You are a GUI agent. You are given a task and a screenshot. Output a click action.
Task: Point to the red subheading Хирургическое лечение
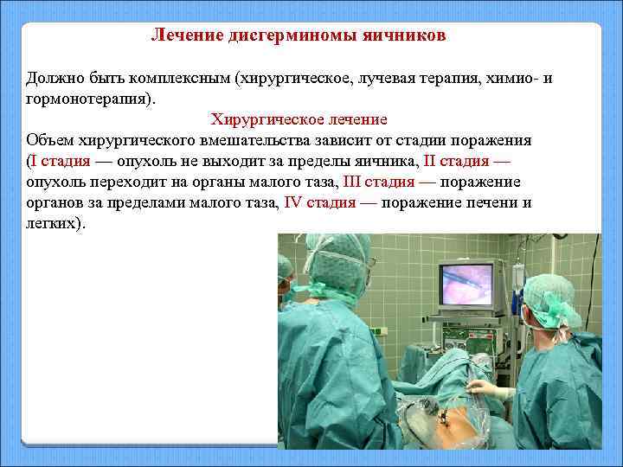[299, 119]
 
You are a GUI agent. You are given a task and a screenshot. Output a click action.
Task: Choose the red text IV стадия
[319, 202]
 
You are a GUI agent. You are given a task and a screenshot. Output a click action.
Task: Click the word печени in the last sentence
[477, 202]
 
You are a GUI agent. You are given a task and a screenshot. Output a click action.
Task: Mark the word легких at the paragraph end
[53, 223]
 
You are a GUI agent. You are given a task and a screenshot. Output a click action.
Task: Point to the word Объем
[50, 140]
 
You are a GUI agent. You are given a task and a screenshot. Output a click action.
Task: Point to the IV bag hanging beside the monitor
[517, 277]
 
